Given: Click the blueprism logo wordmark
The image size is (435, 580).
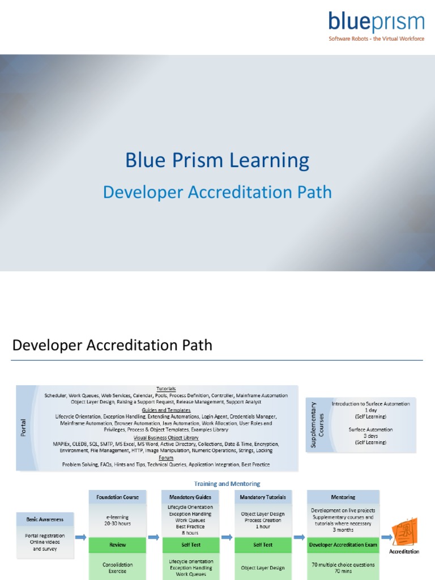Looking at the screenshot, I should click(x=376, y=22).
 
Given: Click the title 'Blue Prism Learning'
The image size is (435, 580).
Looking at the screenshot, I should click(x=217, y=160).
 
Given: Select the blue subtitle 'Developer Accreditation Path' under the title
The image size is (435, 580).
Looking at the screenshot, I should click(x=217, y=193).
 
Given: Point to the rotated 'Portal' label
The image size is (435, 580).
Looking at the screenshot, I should click(x=24, y=428).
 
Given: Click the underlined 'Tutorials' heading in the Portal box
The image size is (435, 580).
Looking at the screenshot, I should click(x=166, y=389).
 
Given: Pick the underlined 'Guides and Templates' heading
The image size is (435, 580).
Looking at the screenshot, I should click(x=166, y=410).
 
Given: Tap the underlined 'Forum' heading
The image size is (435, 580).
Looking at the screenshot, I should click(x=166, y=458).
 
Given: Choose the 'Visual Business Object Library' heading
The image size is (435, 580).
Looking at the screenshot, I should click(x=166, y=438).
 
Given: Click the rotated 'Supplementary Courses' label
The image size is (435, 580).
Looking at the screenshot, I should click(x=318, y=424).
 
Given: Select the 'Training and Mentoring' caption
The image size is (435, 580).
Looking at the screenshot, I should click(x=227, y=484).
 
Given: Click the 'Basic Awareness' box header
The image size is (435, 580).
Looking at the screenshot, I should click(x=45, y=519).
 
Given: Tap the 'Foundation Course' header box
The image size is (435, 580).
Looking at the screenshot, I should click(x=117, y=497).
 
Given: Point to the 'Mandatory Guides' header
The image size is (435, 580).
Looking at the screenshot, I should click(x=190, y=497).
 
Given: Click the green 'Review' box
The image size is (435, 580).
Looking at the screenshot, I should click(x=117, y=545).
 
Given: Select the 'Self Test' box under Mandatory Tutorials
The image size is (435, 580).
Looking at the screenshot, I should click(x=263, y=545).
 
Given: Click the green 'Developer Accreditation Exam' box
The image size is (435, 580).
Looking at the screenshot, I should click(x=343, y=545).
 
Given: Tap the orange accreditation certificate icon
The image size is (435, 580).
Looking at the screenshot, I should click(x=404, y=531).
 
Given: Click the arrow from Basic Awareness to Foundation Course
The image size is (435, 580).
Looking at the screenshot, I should click(x=80, y=537).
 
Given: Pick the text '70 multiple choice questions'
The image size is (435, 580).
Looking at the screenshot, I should click(x=343, y=565).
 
